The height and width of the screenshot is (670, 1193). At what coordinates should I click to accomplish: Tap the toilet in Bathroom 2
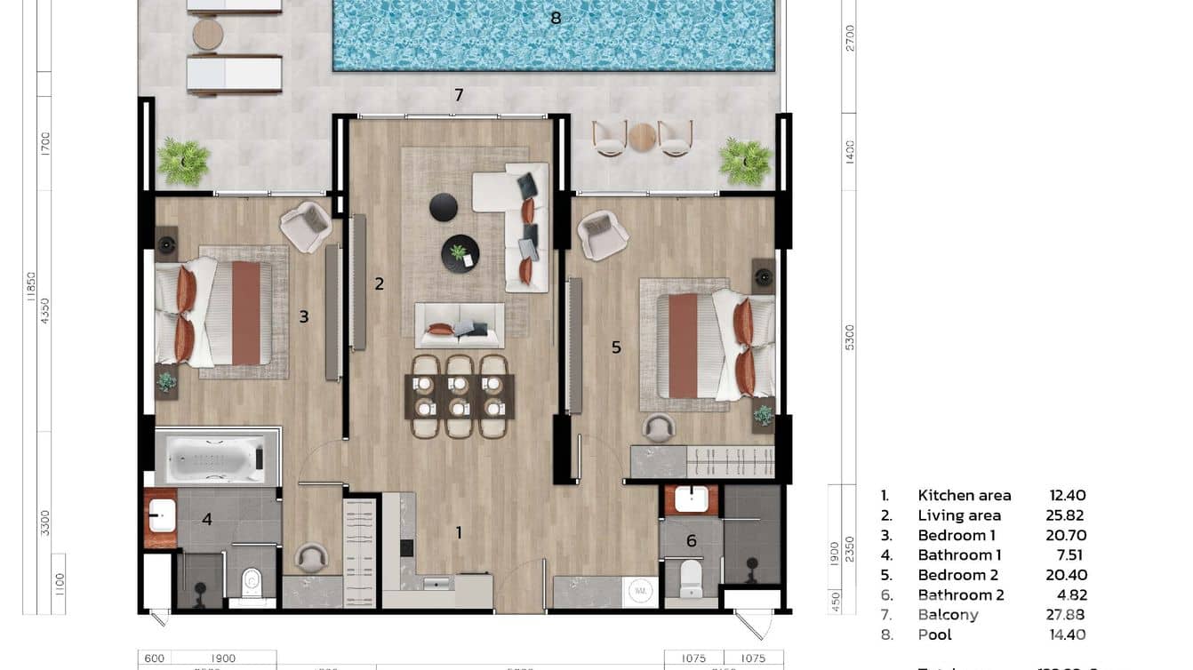coord(691,578)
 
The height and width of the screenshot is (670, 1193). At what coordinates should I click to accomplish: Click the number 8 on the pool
coord(556,18)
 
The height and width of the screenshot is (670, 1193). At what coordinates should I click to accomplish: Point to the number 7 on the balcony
coord(459,95)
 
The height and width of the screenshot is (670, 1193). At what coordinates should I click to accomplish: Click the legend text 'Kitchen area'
coord(964,496)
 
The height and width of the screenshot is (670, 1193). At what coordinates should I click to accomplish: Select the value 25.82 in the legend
coord(1064,515)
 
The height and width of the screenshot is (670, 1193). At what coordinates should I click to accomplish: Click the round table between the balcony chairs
coord(642,137)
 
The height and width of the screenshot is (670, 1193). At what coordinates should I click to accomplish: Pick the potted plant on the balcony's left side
coord(183,162)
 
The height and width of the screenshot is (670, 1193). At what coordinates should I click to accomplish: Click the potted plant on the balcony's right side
coord(745,161)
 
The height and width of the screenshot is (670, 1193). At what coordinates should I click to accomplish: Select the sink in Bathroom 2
coord(691,499)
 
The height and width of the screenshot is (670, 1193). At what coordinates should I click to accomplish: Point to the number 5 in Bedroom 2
coord(616,347)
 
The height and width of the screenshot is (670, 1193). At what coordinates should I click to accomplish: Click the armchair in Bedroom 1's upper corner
coord(305,226)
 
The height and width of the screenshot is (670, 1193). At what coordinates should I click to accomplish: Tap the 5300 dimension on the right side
coord(850,338)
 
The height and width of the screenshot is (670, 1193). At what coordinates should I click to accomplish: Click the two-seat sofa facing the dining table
coord(460,325)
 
